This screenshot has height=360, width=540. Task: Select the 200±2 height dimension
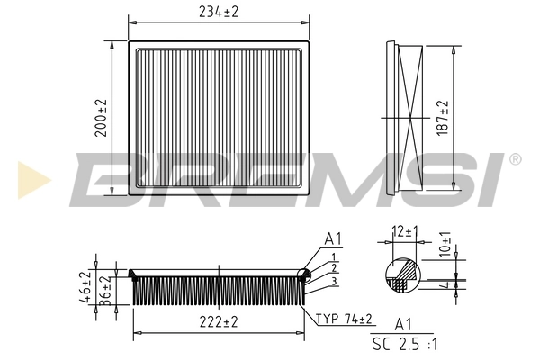pyautogui.click(x=101, y=117)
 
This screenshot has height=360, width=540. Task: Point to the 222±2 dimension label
pyautogui.click(x=218, y=322)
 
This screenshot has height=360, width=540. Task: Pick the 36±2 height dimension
pyautogui.click(x=103, y=291)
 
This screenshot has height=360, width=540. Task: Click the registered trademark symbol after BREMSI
pyautogui.click(x=515, y=159)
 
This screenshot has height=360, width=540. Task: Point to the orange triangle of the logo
pyautogui.click(x=29, y=179)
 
